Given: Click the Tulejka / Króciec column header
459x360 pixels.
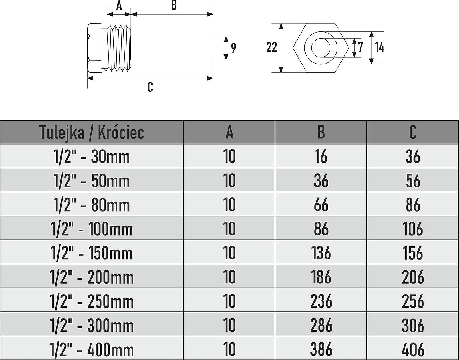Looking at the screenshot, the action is tap(92, 132).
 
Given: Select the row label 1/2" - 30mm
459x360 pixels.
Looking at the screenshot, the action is tap(92, 156).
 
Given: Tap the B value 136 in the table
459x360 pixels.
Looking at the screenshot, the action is tap(321, 252).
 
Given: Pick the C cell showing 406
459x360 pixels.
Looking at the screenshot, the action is tap(413, 349).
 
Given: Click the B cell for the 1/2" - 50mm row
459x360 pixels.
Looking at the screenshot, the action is tap(321, 181).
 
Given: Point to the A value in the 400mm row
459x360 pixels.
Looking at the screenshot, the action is tap(229, 349).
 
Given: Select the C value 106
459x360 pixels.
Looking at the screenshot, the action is tap(413, 229).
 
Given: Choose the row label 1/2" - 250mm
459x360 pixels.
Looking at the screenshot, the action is tap(92, 301).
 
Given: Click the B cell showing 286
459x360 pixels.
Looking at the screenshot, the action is tap(321, 325).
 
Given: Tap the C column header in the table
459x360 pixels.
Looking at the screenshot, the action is tap(413, 132).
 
